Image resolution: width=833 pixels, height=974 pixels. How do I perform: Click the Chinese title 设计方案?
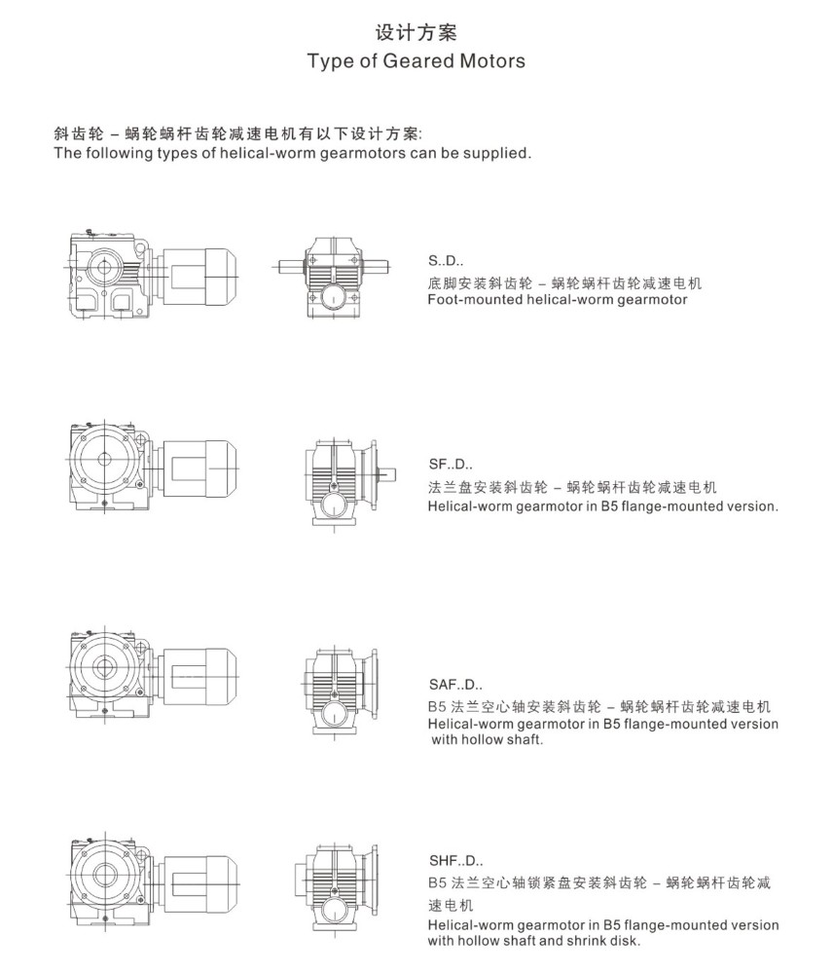tap(416, 32)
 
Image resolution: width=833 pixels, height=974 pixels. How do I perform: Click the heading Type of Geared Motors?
tap(416, 60)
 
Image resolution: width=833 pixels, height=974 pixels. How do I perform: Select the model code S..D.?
tap(446, 261)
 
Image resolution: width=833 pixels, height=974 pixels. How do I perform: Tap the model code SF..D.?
tap(451, 464)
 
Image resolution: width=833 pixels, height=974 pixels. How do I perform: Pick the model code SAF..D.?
tap(455, 685)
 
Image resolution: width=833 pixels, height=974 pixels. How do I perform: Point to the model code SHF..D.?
tap(456, 861)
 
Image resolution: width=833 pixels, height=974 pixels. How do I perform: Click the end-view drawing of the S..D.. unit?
tap(335, 278)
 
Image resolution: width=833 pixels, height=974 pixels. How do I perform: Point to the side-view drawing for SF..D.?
tap(152, 468)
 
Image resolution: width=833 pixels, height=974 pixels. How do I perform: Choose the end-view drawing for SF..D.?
tap(348, 483)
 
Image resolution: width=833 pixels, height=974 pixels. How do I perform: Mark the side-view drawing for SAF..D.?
tap(152, 676)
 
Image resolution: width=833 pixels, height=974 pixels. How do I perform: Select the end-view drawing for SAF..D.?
tap(341, 692)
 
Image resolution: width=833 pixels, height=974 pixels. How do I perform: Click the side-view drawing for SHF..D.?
tap(152, 882)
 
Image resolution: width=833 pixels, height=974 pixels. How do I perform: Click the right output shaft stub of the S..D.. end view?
tap(378, 267)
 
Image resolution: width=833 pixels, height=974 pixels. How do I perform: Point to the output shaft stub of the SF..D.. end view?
tap(386, 474)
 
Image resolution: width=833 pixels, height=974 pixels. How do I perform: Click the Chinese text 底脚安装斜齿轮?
tap(480, 283)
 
